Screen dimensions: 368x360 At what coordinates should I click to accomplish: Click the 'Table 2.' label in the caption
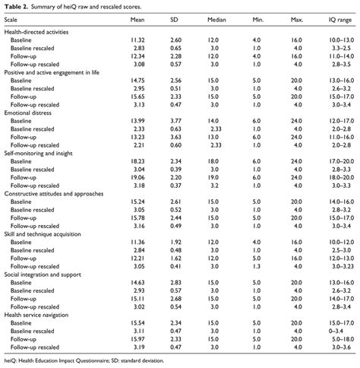pos(17,6)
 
